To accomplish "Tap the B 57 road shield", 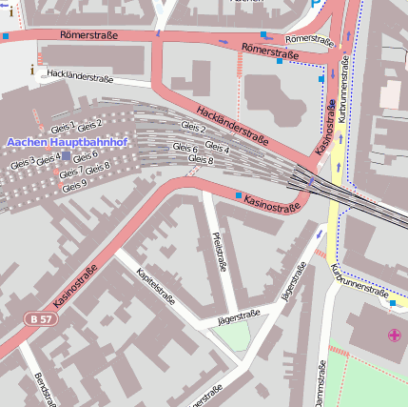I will pyautogui.click(x=39, y=318).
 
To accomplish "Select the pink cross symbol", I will pyautogui.click(x=395, y=335).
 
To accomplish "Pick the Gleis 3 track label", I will pyautogui.click(x=23, y=164).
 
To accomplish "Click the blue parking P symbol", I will pyautogui.click(x=317, y=4).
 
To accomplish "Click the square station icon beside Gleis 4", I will pyautogui.click(x=66, y=156).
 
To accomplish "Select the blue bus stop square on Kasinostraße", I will pyautogui.click(x=238, y=194).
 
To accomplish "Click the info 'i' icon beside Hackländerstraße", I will pyautogui.click(x=32, y=70).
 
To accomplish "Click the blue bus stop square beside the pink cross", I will pyautogui.click(x=393, y=302).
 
